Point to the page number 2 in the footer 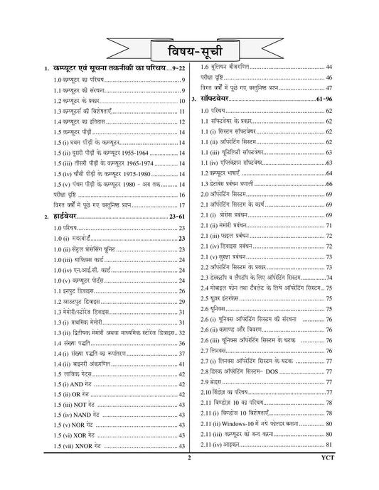click(x=190, y=480)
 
